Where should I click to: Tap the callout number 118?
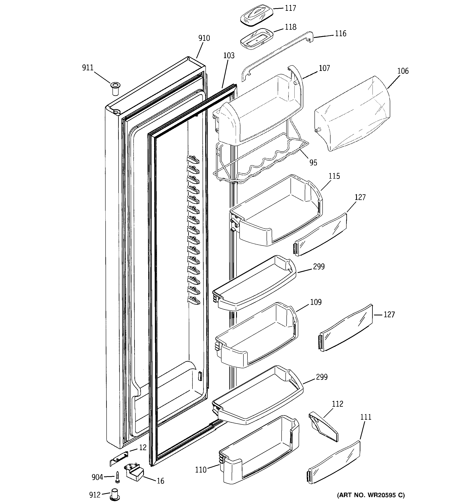click(291, 27)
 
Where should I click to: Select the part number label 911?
click(88, 68)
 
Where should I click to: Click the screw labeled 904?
click(117, 477)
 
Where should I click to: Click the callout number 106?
click(403, 71)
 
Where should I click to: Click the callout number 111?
click(366, 417)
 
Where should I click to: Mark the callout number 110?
click(201, 470)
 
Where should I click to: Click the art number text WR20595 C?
click(371, 495)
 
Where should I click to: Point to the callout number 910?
click(204, 38)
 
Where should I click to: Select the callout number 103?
click(229, 56)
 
